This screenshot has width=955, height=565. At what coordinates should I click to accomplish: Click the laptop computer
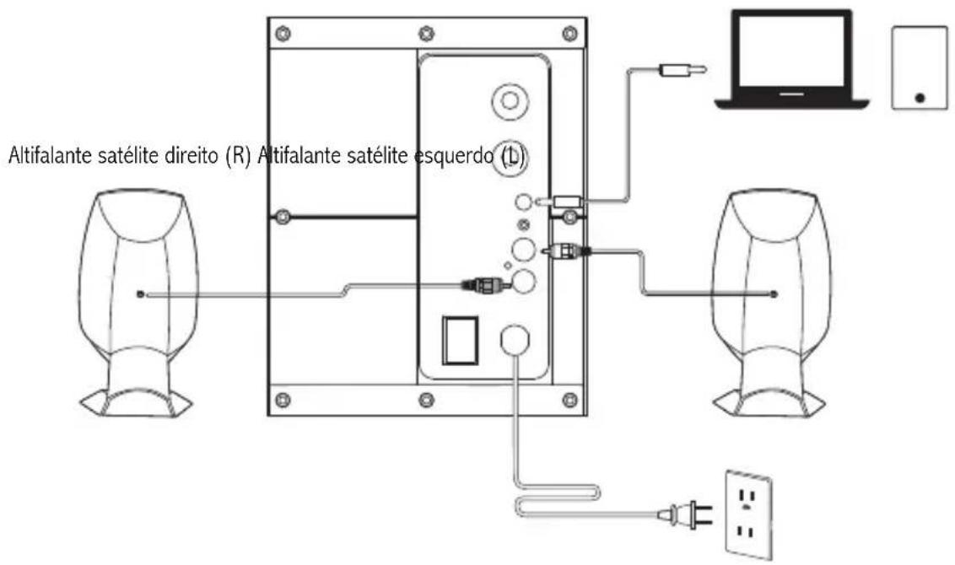pyautogui.click(x=791, y=60)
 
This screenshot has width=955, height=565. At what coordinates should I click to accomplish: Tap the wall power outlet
pyautogui.click(x=748, y=514)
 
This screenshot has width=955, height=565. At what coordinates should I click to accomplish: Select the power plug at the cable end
pyautogui.click(x=686, y=514)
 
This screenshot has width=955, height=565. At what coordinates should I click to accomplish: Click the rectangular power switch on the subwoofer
pyautogui.click(x=460, y=340)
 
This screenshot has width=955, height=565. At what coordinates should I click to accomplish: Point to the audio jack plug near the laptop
pyautogui.click(x=683, y=70)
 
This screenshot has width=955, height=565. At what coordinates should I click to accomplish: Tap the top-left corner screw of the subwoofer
pyautogui.click(x=283, y=33)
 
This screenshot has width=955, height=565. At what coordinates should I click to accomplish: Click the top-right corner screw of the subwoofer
pyautogui.click(x=570, y=33)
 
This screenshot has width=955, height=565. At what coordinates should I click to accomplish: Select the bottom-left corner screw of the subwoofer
pyautogui.click(x=283, y=400)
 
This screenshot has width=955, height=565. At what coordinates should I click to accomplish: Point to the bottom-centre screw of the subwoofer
pyautogui.click(x=426, y=400)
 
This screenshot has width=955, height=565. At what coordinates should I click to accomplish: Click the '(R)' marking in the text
pyautogui.click(x=238, y=157)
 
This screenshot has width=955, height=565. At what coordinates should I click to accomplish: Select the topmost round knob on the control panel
pyautogui.click(x=510, y=100)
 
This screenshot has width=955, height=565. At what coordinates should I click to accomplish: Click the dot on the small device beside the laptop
pyautogui.click(x=920, y=98)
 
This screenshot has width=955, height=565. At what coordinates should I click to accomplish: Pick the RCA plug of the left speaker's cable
pyautogui.click(x=485, y=283)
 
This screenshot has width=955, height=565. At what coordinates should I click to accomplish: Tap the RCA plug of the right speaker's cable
pyautogui.click(x=566, y=250)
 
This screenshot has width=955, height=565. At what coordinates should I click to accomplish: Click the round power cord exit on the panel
pyautogui.click(x=515, y=339)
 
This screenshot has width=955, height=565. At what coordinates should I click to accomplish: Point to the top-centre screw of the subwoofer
pyautogui.click(x=426, y=33)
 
